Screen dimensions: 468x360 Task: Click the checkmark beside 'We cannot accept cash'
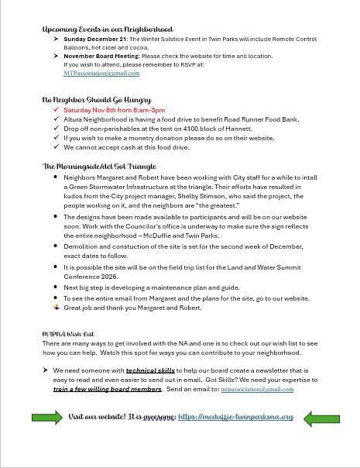click(56, 147)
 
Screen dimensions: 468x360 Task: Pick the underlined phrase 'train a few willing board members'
click(112, 389)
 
